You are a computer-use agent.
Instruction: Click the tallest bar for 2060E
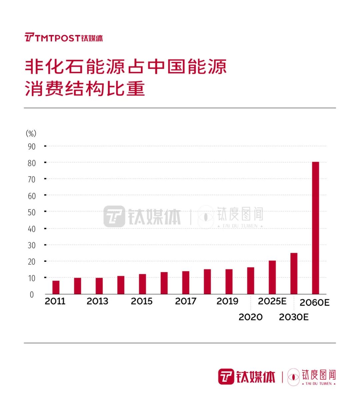pyautogui.click(x=315, y=228)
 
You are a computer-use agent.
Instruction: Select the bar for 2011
pyautogui.click(x=56, y=287)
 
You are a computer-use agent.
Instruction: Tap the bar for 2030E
pyautogui.click(x=294, y=273)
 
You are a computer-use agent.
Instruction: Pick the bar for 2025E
pyautogui.click(x=272, y=277)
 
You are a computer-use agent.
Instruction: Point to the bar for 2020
pyautogui.click(x=251, y=281)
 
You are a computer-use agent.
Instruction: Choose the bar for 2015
pyautogui.click(x=142, y=284)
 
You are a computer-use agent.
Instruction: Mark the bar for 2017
pyautogui.click(x=186, y=283)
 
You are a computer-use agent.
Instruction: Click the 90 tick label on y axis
pyautogui.click(x=32, y=147)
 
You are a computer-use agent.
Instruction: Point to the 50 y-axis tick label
pyautogui.click(x=32, y=212)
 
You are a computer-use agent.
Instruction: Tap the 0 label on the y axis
pyautogui.click(x=32, y=295)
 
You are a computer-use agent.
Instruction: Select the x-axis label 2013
pyautogui.click(x=97, y=301)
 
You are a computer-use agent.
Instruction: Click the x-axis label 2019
pyautogui.click(x=227, y=301)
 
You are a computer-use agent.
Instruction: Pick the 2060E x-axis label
pyautogui.click(x=314, y=303)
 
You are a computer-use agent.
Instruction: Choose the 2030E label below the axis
pyautogui.click(x=294, y=317)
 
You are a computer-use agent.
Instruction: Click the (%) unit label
pyautogui.click(x=31, y=134)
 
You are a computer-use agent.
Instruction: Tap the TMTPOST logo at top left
pyautogui.click(x=64, y=38)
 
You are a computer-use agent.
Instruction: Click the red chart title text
pyautogui.click(x=126, y=78)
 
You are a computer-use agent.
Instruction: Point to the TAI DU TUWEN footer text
pyautogui.click(x=318, y=384)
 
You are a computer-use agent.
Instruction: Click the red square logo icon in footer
pyautogui.click(x=226, y=377)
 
